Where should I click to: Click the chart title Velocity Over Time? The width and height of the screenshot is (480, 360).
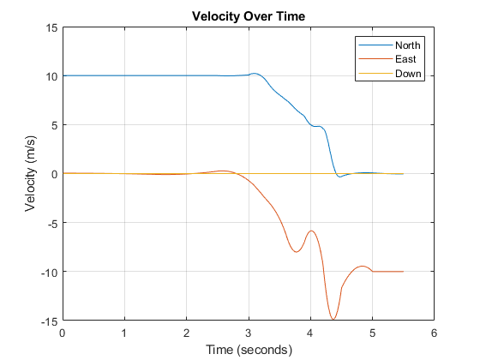pyautogui.click(x=248, y=17)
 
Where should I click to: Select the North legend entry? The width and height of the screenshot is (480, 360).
pyautogui.click(x=408, y=45)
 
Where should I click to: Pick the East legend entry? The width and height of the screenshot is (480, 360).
pyautogui.click(x=405, y=59)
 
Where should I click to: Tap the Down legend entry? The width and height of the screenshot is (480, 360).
pyautogui.click(x=408, y=74)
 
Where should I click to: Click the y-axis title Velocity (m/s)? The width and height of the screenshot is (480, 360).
pyautogui.click(x=31, y=174)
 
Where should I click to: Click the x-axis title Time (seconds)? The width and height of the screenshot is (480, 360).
pyautogui.click(x=248, y=350)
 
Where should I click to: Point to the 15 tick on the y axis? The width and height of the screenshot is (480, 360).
pyautogui.click(x=51, y=27)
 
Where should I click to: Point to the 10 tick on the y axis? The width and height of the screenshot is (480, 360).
pyautogui.click(x=51, y=76)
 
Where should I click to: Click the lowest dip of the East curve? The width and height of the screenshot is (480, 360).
pyautogui.click(x=333, y=320)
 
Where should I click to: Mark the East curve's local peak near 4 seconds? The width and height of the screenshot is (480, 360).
pyautogui.click(x=311, y=231)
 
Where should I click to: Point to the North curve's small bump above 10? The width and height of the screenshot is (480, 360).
pyautogui.click(x=255, y=74)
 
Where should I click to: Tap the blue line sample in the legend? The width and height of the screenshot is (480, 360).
pyautogui.click(x=375, y=45)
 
